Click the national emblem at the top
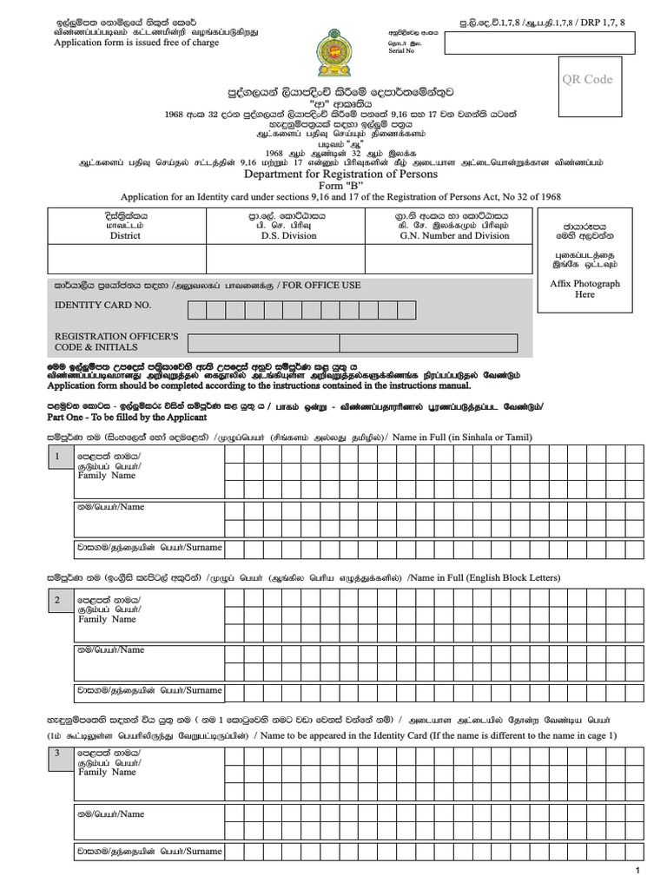pos(333,52)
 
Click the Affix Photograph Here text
pos(585,289)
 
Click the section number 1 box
pos(57,457)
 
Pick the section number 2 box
pos(57,600)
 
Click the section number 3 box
pos(57,753)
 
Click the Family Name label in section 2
pos(107,619)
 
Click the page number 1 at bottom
pos(637,871)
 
